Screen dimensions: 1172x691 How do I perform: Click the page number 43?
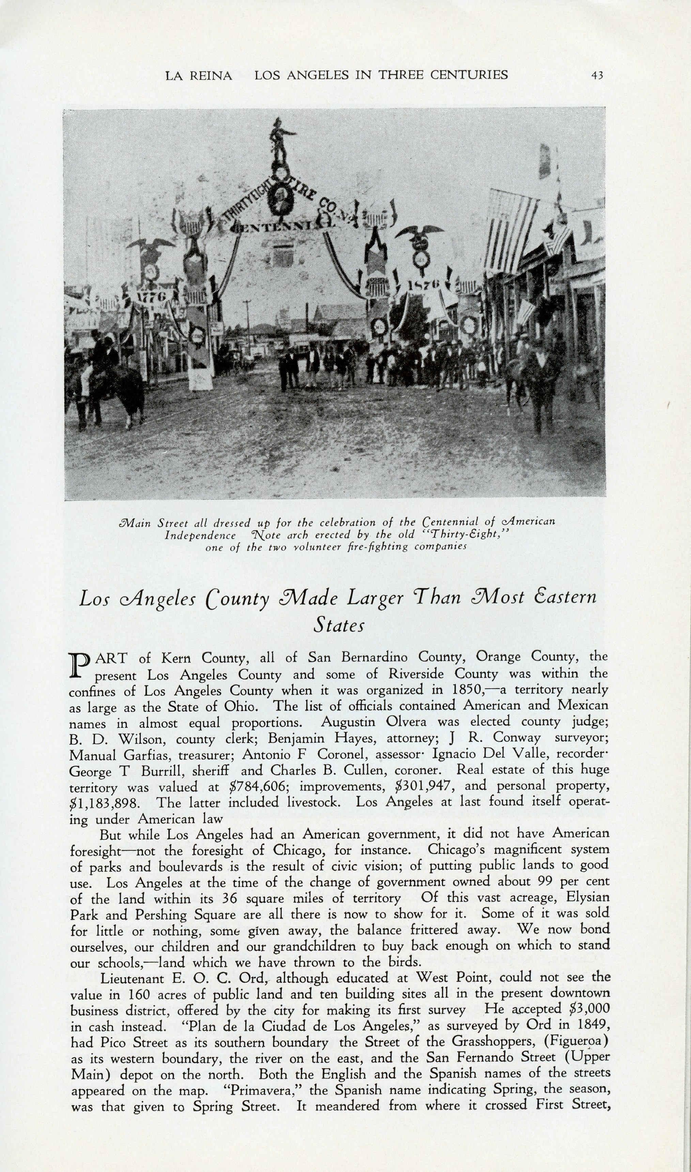[x=597, y=75]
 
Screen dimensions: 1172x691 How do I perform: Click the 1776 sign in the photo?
[x=154, y=295]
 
